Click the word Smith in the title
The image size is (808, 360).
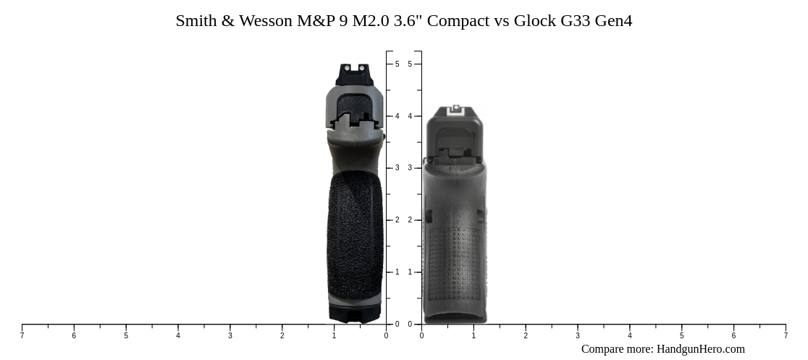(196, 21)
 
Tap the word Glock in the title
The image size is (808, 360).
(535, 21)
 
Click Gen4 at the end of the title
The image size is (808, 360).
(613, 21)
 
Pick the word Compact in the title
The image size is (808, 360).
(458, 21)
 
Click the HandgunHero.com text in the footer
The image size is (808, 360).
(700, 349)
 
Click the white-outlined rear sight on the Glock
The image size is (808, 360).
(455, 110)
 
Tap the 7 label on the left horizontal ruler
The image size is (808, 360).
(22, 336)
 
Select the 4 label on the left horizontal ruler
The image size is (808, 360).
(178, 336)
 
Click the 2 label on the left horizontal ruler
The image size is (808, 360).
(282, 336)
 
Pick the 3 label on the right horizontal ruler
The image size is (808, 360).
(578, 336)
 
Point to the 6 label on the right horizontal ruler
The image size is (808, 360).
(733, 336)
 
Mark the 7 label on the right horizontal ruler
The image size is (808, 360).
(786, 336)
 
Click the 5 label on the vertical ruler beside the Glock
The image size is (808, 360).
(410, 64)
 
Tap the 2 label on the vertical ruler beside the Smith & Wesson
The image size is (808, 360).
(397, 220)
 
